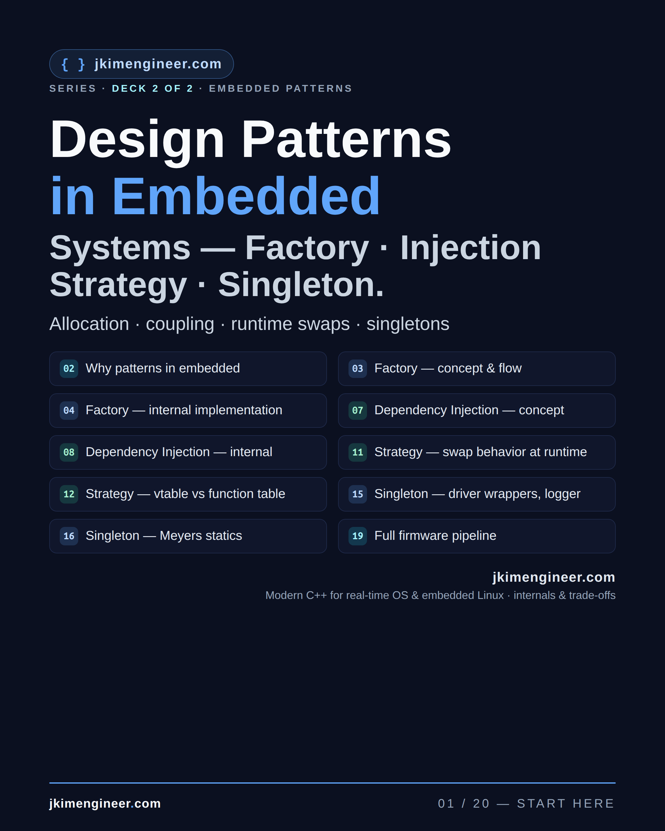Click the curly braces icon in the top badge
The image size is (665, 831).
click(73, 64)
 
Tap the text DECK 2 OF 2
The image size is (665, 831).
click(153, 89)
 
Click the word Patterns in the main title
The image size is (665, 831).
click(346, 139)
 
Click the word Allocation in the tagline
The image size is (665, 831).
click(89, 324)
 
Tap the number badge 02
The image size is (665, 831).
click(69, 368)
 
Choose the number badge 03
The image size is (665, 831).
click(358, 368)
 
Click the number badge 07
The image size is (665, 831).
click(358, 411)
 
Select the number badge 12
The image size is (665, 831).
click(69, 494)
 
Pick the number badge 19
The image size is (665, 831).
click(358, 536)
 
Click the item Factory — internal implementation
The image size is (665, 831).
click(184, 410)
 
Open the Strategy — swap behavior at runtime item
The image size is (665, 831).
click(481, 452)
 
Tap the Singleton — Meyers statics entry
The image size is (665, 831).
click(164, 536)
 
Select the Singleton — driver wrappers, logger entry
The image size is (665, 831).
click(477, 494)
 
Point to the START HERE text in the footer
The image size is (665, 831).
click(566, 803)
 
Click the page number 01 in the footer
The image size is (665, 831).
click(446, 803)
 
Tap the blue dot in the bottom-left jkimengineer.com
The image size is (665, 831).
click(132, 807)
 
